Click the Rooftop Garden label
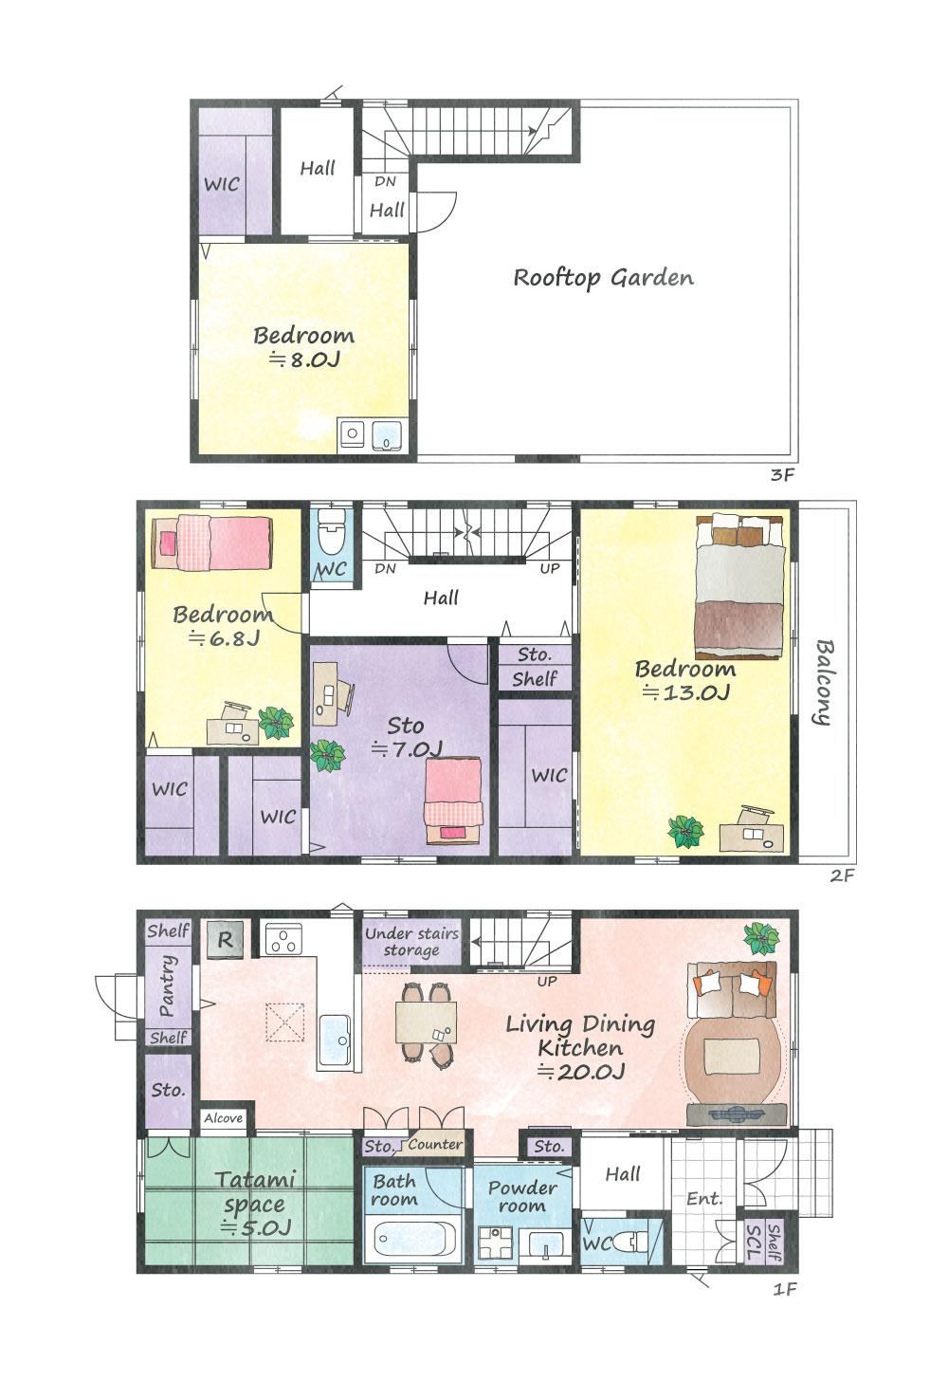tap(604, 278)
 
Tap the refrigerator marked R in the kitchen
tap(225, 940)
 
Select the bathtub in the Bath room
tap(413, 1238)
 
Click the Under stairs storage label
tap(411, 942)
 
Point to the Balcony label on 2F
tap(824, 683)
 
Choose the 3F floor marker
tap(782, 474)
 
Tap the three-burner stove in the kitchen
tap(283, 939)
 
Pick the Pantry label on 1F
tap(167, 985)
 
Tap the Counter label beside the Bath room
tap(435, 1144)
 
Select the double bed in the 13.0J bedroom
tap(739, 586)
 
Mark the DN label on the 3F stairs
tap(385, 181)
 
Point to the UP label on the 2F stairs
tap(550, 568)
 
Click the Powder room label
tap(522, 1197)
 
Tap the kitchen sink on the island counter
tap(336, 1040)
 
